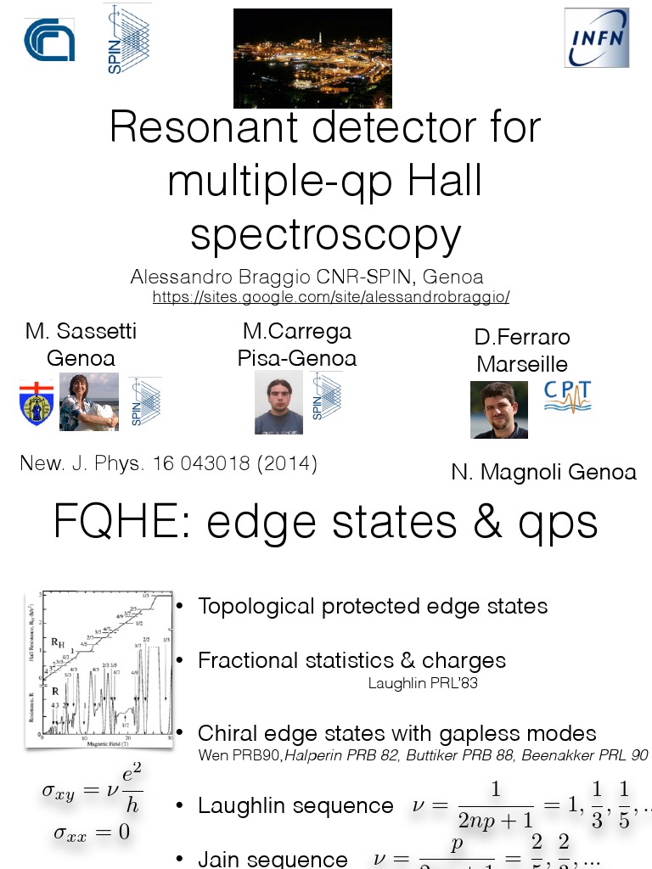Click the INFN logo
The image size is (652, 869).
[597, 37]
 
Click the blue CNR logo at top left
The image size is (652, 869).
[49, 40]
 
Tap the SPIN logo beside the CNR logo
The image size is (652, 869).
[126, 38]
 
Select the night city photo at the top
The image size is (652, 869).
[312, 58]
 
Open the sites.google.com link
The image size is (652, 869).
[330, 297]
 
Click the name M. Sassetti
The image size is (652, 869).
[81, 331]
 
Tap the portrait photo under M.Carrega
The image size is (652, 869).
[278, 402]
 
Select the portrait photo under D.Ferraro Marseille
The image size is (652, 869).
[498, 409]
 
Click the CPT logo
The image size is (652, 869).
[567, 396]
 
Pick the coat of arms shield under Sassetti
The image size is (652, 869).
[37, 403]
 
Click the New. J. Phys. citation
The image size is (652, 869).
[168, 464]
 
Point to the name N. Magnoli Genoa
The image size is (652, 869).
[543, 472]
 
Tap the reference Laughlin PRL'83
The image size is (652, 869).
[422, 683]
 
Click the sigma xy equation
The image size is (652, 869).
[92, 791]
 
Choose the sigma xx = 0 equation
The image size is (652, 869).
[92, 833]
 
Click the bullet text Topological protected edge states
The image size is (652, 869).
[373, 606]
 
